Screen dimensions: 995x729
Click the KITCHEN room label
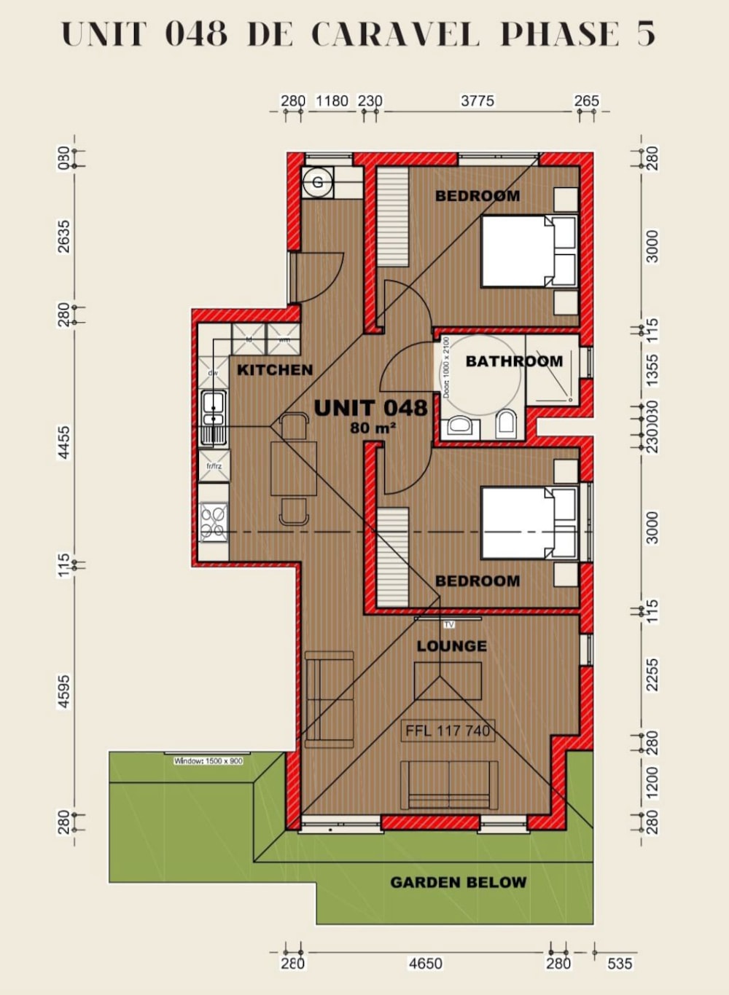click(275, 370)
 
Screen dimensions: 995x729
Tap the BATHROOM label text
click(514, 361)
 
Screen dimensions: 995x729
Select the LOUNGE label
click(452, 646)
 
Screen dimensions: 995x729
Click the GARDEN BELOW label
click(458, 883)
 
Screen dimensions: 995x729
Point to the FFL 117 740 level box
click(448, 731)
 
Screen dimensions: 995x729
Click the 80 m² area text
click(373, 428)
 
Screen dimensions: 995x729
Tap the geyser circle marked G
click(318, 183)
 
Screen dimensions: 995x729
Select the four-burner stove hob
click(213, 522)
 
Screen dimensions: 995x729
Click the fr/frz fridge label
click(214, 466)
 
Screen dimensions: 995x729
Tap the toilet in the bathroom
click(506, 423)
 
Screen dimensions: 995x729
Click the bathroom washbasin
click(459, 425)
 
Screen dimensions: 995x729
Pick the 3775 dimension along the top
click(477, 101)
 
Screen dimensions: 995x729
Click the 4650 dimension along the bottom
click(425, 964)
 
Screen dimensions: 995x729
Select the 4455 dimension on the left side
click(64, 442)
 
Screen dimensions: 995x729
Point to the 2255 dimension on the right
click(652, 675)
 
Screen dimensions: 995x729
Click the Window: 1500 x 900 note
click(208, 761)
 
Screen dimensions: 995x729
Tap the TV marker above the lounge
click(449, 624)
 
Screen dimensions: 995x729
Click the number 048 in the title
click(195, 34)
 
